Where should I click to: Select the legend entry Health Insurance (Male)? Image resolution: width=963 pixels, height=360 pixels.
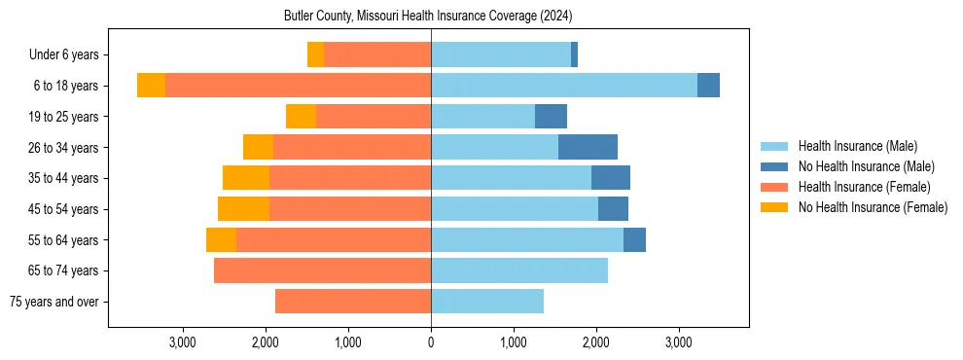(857, 146)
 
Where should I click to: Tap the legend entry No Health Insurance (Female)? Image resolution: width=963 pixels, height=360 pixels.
(873, 207)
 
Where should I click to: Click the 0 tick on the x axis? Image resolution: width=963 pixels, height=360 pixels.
(431, 342)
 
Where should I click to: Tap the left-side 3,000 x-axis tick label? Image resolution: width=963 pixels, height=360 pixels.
(183, 342)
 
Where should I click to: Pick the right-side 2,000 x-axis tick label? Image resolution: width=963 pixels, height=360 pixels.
(596, 342)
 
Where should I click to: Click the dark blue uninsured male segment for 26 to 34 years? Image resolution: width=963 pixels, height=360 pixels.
(588, 147)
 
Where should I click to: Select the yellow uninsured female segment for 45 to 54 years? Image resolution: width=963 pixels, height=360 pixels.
(243, 209)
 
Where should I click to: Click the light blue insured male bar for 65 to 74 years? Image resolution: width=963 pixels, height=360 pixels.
(519, 270)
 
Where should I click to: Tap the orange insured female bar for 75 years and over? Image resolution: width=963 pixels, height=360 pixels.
(353, 302)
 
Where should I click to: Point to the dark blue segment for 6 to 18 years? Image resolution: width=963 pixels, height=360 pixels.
(708, 86)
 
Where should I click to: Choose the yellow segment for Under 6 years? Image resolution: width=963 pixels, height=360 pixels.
(315, 54)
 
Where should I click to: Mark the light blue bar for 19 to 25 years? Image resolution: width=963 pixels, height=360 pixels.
(482, 117)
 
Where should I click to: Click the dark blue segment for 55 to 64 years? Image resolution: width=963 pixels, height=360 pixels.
(634, 239)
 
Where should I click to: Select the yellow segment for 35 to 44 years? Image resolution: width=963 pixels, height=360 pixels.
(246, 178)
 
